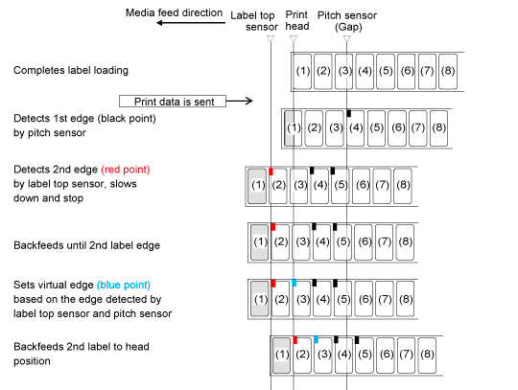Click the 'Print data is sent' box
coord(173,102)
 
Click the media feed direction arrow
coord(191,23)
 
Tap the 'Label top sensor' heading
coord(253,21)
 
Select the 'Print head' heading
coord(297,20)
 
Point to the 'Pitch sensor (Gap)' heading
coord(347,21)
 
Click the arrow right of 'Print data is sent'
coord(240,101)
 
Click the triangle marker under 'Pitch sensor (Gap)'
coord(346,39)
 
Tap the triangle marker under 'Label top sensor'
coord(271,39)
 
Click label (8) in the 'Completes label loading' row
coord(448,72)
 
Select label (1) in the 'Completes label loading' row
coord(302,72)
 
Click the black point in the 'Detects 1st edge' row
coord(348,113)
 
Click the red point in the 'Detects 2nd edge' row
coord(271,172)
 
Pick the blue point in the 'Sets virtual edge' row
coord(294,283)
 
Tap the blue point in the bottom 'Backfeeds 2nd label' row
coord(317,339)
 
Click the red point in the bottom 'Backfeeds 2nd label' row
coord(295,340)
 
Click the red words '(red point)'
coord(126,170)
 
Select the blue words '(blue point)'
coord(124,286)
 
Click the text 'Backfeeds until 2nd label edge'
coord(87,245)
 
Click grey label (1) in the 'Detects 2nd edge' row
coord(257,186)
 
